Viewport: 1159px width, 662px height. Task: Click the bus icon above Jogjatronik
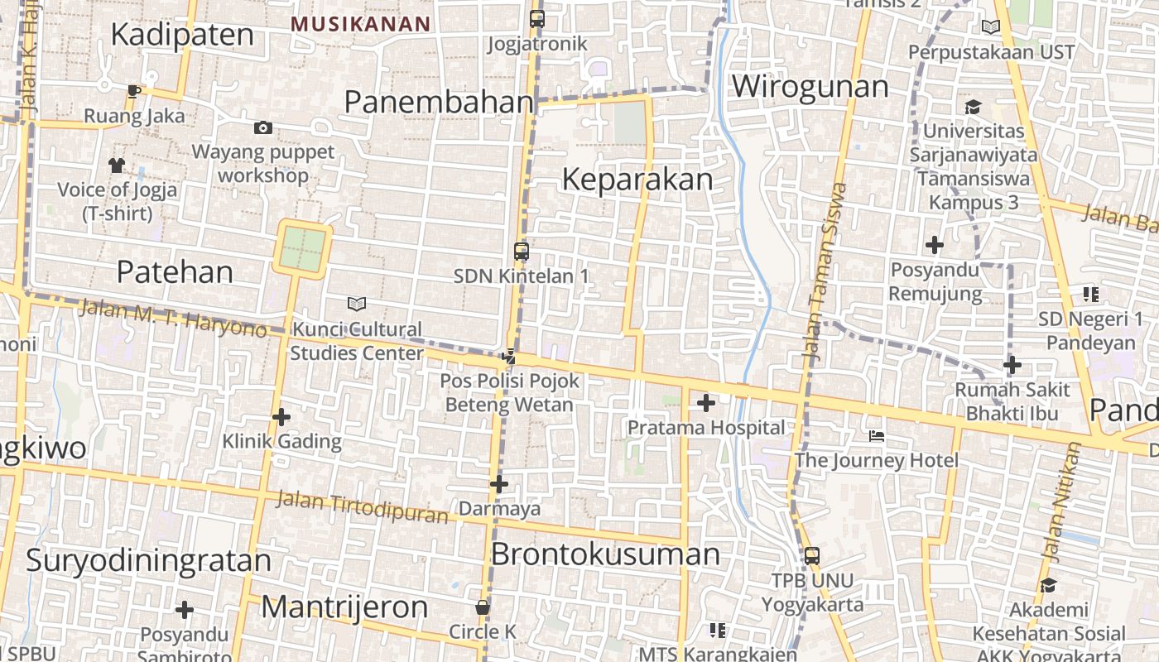[537, 18]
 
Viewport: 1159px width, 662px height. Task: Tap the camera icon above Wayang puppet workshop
[263, 127]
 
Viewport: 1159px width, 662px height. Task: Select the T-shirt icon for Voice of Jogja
[117, 165]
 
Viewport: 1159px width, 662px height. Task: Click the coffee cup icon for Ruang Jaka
[134, 90]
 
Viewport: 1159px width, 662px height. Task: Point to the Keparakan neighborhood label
[637, 180]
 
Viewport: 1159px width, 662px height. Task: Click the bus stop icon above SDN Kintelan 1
[521, 252]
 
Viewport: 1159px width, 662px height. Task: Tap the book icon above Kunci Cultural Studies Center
[357, 304]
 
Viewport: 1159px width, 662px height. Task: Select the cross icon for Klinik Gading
[281, 417]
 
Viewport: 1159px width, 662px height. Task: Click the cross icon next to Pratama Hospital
[706, 403]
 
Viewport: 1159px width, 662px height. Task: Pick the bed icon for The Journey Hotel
[877, 435]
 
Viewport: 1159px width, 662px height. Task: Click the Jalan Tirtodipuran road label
[361, 507]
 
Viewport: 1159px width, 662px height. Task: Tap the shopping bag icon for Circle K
[483, 607]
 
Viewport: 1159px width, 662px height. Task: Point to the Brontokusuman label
[605, 554]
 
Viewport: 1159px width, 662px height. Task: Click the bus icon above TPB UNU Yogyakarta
[812, 555]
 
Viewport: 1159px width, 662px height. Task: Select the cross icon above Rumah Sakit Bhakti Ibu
[1012, 365]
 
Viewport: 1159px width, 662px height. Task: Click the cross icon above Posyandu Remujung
[935, 245]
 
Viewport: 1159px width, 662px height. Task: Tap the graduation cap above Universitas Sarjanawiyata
[973, 107]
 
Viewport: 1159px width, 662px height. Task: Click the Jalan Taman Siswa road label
[825, 273]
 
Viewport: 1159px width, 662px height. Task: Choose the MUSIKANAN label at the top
[361, 24]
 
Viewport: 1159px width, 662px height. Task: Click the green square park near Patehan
[302, 249]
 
